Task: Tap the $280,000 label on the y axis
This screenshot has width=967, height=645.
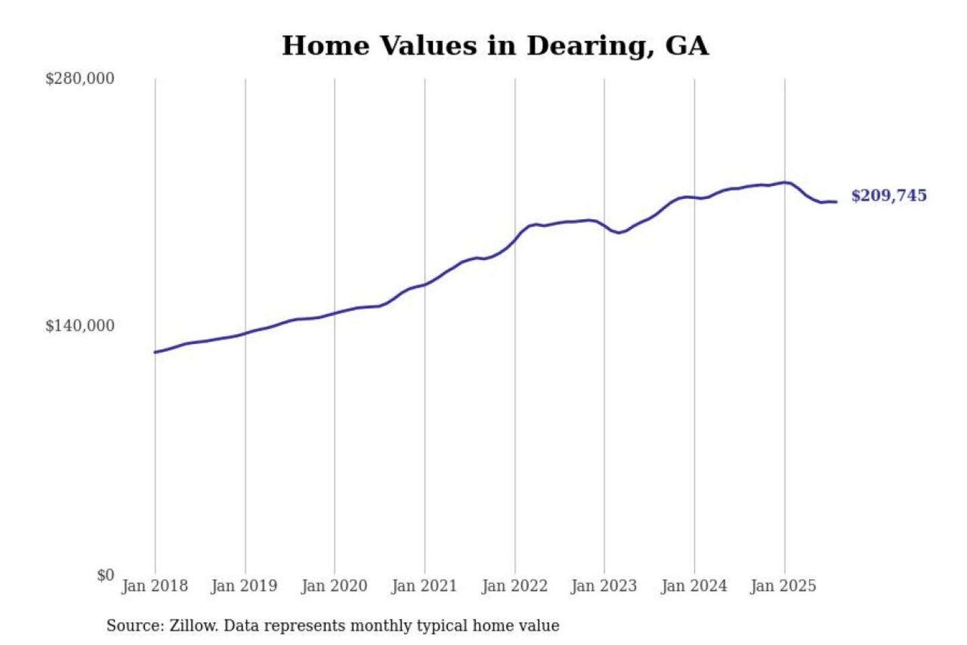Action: click(x=80, y=79)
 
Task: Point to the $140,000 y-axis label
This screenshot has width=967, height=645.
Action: click(x=80, y=326)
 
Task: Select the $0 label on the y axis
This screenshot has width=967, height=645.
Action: click(x=105, y=575)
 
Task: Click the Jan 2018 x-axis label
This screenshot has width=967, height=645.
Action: click(x=154, y=586)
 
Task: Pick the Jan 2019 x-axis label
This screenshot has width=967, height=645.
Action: click(x=244, y=586)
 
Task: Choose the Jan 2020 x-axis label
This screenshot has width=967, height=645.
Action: click(x=334, y=586)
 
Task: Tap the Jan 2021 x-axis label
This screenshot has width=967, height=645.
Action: click(x=424, y=586)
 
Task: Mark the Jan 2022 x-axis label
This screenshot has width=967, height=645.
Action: click(x=514, y=586)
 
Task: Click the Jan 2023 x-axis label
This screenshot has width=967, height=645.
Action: click(x=604, y=586)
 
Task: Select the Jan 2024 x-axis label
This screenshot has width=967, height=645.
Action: click(x=694, y=586)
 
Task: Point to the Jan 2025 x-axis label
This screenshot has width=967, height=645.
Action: click(x=783, y=586)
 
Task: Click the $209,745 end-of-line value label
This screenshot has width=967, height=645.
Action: click(x=888, y=196)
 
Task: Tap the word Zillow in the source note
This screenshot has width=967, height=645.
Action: click(x=193, y=626)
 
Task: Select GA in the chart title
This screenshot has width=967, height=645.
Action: click(x=686, y=46)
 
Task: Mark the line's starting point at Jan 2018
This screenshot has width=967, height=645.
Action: click(x=155, y=352)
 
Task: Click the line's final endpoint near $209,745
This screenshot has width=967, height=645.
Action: click(x=836, y=202)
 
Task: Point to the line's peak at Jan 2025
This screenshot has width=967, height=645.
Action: click(x=784, y=182)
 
